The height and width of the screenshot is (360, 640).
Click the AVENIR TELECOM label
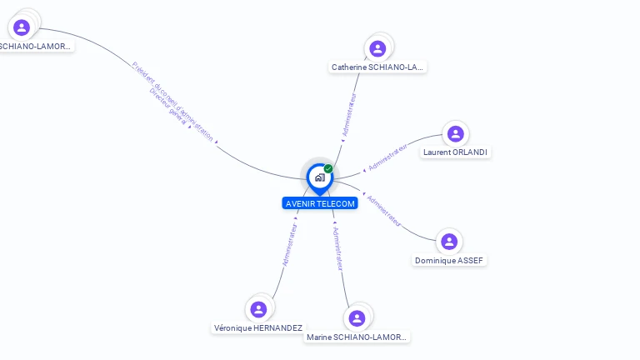pyautogui.click(x=320, y=203)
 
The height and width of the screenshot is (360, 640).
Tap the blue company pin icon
pyautogui.click(x=319, y=177)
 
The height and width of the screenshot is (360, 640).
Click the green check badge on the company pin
pyautogui.click(x=328, y=169)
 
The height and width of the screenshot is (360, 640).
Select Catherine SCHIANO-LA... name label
pyautogui.click(x=377, y=67)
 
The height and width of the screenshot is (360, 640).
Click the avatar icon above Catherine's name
pyautogui.click(x=377, y=48)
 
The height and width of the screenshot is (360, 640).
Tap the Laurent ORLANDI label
pyautogui.click(x=455, y=152)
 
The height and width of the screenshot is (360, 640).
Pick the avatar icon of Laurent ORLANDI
pyautogui.click(x=455, y=133)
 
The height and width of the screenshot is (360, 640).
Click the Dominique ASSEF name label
pyautogui.click(x=449, y=261)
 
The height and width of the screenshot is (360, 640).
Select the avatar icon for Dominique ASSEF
pyautogui.click(x=449, y=242)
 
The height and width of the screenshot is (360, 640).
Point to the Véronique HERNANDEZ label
pyautogui.click(x=258, y=328)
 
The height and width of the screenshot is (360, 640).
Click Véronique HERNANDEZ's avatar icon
pyautogui.click(x=258, y=309)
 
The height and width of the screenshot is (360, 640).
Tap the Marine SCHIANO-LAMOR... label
pyautogui.click(x=357, y=337)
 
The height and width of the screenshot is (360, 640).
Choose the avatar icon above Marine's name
pyautogui.click(x=357, y=318)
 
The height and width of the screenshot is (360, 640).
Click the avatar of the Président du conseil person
pyautogui.click(x=22, y=27)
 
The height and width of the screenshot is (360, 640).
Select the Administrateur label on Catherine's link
pyautogui.click(x=352, y=114)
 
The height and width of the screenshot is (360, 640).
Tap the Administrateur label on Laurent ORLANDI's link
pyautogui.click(x=389, y=156)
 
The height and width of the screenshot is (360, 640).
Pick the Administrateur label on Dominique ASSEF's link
pyautogui.click(x=384, y=211)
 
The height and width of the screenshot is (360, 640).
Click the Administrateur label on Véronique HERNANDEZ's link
pyautogui.click(x=289, y=243)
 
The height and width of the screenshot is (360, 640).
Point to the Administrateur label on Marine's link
pyautogui.click(x=335, y=248)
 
